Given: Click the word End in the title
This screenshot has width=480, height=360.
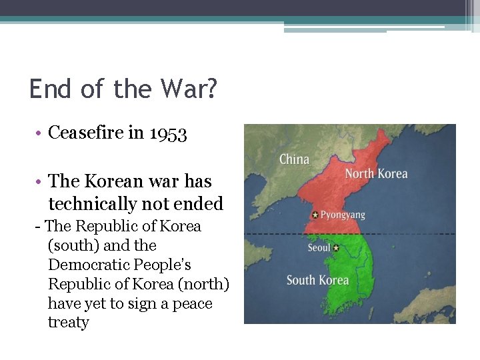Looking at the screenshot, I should pyautogui.click(x=51, y=89).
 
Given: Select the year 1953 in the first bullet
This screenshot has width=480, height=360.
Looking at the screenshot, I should pyautogui.click(x=168, y=133).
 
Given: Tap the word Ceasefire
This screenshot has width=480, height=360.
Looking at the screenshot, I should pyautogui.click(x=85, y=133).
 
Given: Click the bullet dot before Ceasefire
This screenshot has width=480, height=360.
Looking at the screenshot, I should pyautogui.click(x=40, y=134).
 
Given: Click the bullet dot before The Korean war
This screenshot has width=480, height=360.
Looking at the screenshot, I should pyautogui.click(x=40, y=182).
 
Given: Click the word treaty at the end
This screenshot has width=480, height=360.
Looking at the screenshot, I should pyautogui.click(x=68, y=323).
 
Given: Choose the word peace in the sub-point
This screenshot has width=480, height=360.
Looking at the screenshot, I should pyautogui.click(x=190, y=303).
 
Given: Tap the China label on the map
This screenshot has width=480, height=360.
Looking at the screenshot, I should pyautogui.click(x=294, y=159).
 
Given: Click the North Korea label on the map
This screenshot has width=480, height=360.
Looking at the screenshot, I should pyautogui.click(x=375, y=174).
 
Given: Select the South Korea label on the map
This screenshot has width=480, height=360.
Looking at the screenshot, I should pyautogui.click(x=317, y=280).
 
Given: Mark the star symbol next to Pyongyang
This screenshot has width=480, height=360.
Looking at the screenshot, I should pyautogui.click(x=315, y=215).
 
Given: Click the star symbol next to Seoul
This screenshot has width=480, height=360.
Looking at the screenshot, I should pyautogui.click(x=336, y=248).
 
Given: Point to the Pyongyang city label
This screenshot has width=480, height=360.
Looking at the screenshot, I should pyautogui.click(x=343, y=215).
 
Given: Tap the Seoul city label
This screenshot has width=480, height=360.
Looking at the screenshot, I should pyautogui.click(x=319, y=248).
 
